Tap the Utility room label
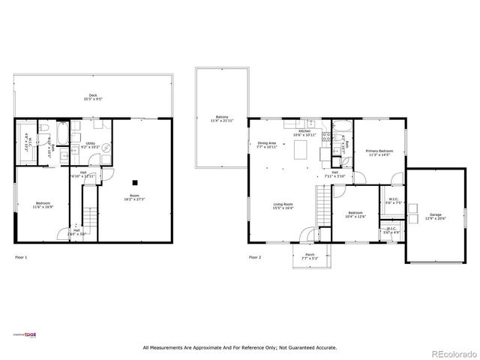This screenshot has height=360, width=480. point(89,144)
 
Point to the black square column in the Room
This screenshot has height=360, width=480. point(135,181)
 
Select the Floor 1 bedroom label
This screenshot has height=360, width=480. point(43,205)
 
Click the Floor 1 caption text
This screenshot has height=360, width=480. point(21,257)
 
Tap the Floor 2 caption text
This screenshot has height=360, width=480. point(255,257)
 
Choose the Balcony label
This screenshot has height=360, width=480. point(222,118)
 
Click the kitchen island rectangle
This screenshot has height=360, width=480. point(302,151)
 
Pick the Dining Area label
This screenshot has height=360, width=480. point(266,144)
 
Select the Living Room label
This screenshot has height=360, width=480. point(283,206)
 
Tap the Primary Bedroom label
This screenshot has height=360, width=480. point(379,153)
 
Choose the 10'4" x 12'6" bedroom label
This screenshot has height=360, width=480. point(355,214)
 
